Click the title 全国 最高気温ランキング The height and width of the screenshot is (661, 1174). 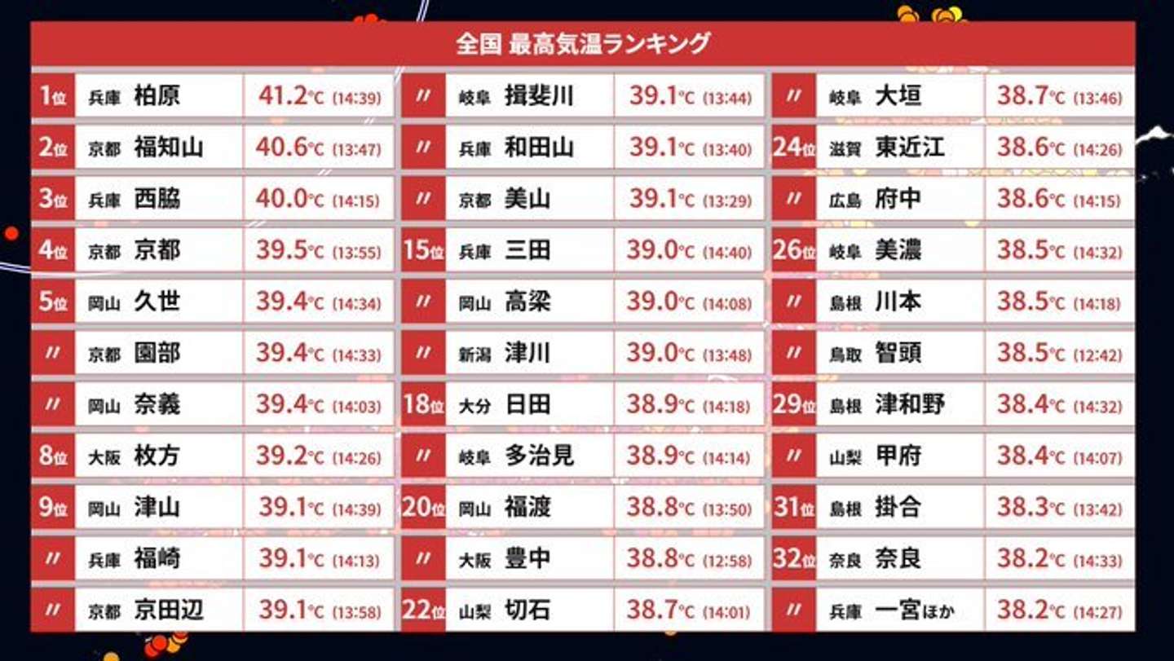[x=583, y=43]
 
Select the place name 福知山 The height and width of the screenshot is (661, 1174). [x=169, y=148]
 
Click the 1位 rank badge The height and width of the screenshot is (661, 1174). [x=53, y=96]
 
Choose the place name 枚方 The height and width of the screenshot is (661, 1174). [x=157, y=456]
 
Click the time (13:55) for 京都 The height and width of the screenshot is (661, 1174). [x=356, y=252]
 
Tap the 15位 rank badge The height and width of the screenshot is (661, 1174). [x=423, y=250]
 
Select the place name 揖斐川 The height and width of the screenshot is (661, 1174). [x=539, y=96]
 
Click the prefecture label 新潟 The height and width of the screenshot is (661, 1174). [x=474, y=355]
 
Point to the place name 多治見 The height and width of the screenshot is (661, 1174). [x=539, y=456]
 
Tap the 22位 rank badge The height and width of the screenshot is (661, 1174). [x=423, y=610]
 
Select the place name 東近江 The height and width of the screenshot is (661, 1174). [x=910, y=148]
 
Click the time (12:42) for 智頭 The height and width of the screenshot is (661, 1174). [x=1097, y=355]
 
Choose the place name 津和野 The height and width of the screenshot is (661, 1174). [x=910, y=404]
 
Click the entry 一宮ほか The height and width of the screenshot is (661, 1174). [x=913, y=610]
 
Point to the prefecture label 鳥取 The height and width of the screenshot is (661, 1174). [x=845, y=355]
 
